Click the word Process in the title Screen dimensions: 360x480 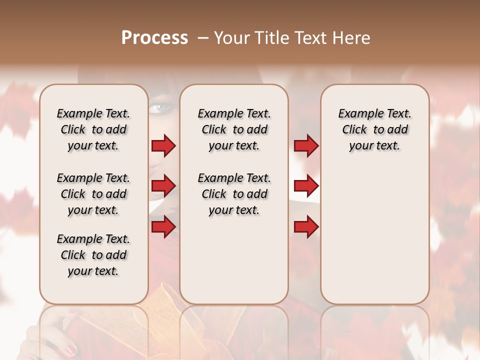[154, 38]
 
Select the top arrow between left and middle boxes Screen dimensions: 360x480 [163, 145]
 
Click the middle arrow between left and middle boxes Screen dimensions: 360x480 [163, 186]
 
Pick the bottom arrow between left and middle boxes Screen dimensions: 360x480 [163, 227]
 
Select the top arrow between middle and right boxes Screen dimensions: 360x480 [306, 145]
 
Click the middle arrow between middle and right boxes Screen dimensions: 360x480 [306, 186]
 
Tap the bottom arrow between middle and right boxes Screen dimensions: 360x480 [306, 227]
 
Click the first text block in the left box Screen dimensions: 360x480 [93, 129]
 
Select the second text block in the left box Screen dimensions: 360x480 [93, 194]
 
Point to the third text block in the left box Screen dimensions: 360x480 [93, 255]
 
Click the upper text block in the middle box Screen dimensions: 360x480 [234, 129]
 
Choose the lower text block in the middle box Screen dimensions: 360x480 [234, 194]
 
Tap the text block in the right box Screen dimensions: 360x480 [375, 129]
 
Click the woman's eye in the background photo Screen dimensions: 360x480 [161, 107]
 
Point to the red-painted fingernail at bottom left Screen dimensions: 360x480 [71, 348]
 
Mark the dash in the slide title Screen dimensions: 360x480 [203, 38]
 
